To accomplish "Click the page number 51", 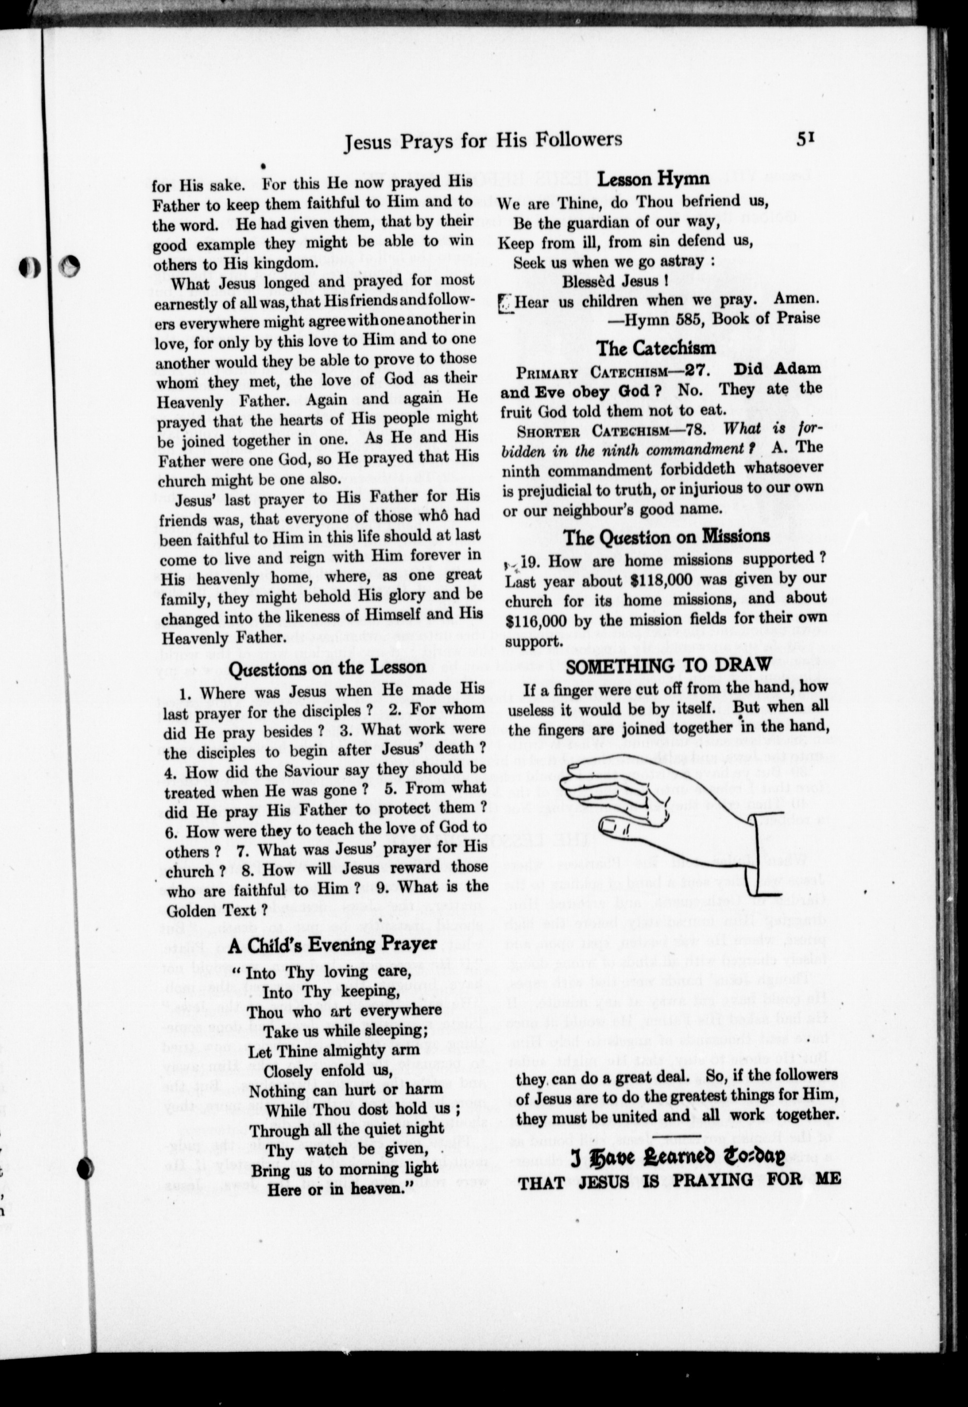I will (x=804, y=139).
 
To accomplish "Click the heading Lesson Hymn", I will (x=653, y=179).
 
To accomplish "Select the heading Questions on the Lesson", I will (x=327, y=668).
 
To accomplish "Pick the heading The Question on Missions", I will (x=666, y=536).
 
